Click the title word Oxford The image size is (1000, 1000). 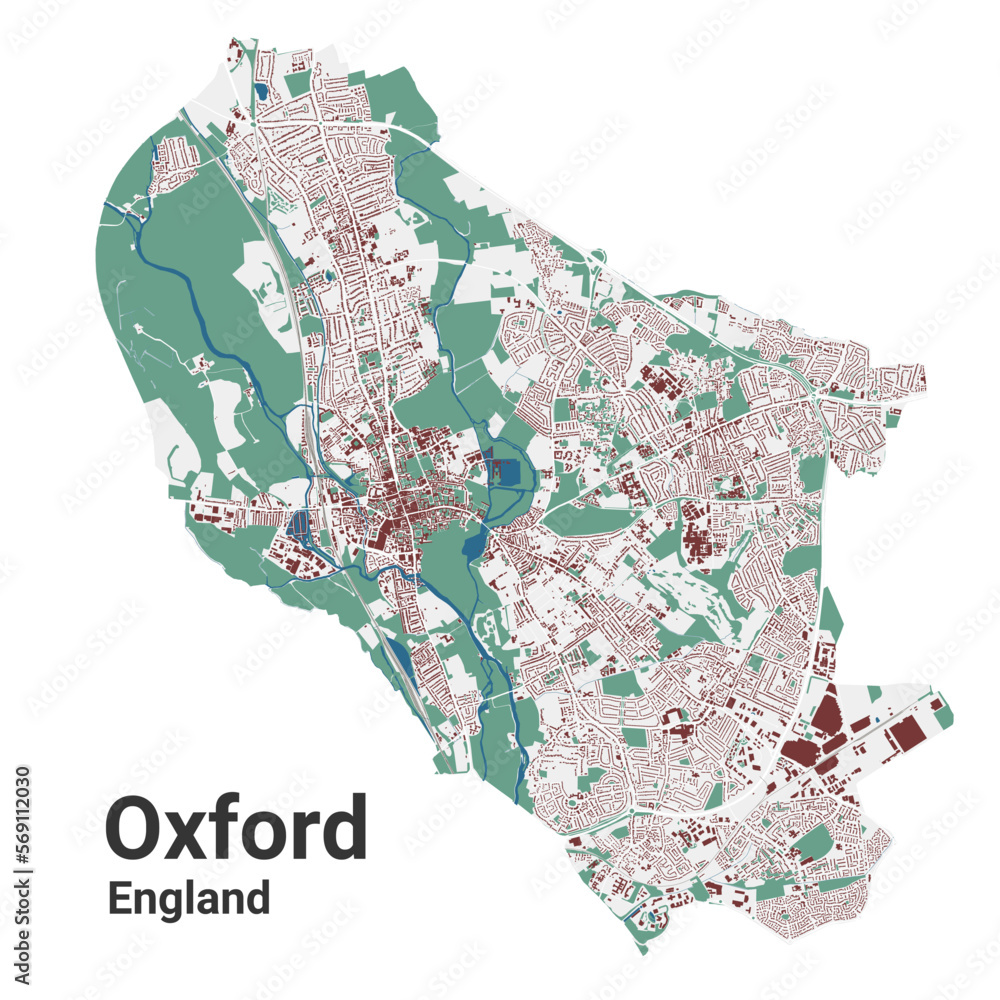pos(236,828)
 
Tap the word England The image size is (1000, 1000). pos(189,897)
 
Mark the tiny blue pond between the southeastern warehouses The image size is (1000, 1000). pos(877,719)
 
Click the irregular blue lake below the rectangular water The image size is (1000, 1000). pos(471,546)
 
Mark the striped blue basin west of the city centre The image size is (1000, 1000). pos(299,522)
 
